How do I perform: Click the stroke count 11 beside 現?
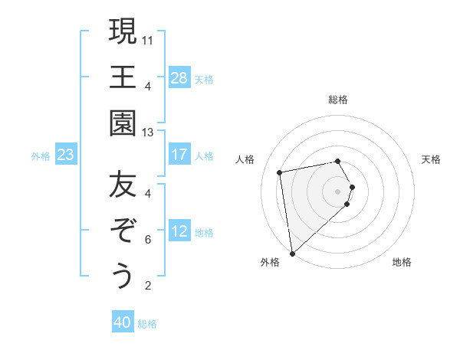148,39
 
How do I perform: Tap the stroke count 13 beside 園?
148,132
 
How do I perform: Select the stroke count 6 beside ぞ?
148,240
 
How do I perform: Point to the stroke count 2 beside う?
148,286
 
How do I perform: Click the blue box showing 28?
179,78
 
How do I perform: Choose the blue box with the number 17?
179,155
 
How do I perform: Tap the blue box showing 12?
179,231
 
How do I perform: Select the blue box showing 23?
66,155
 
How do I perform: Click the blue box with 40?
123,322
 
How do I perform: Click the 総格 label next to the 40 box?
147,324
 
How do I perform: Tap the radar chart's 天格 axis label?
432,159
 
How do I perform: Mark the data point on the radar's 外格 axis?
292,253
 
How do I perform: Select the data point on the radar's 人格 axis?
280,172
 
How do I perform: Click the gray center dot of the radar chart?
337,190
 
